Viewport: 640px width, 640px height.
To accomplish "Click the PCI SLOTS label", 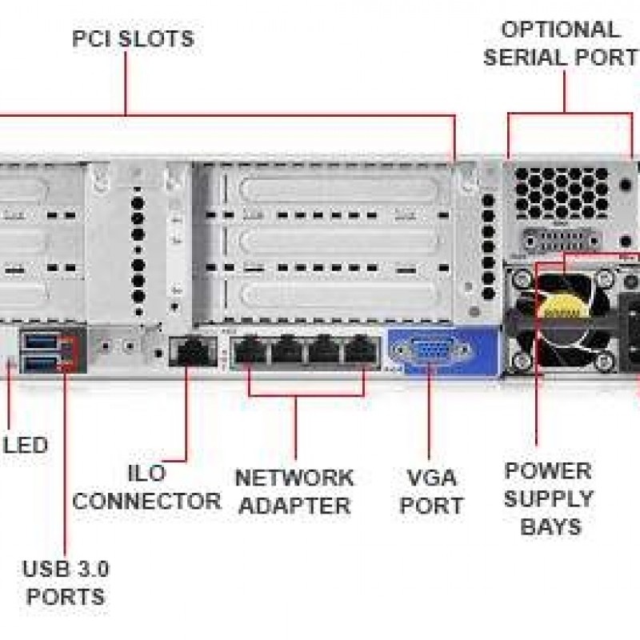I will point(133,38).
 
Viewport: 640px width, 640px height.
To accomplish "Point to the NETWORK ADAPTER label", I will point(294,491).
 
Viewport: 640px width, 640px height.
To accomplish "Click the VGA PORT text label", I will point(431,491).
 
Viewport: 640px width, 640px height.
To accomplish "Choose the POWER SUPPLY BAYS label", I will point(548,498).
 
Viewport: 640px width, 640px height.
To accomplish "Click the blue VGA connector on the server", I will point(430,352).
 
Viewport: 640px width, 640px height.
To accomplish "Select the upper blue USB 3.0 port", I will point(40,344).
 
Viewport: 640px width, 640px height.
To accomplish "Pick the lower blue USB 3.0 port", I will point(40,364).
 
